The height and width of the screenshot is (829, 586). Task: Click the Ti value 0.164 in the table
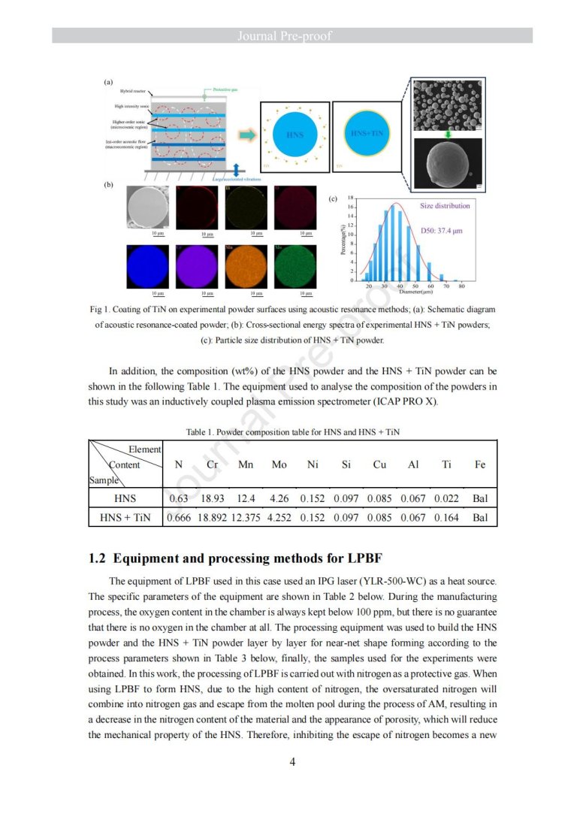pyautogui.click(x=446, y=518)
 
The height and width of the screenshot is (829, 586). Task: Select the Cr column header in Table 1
pyautogui.click(x=212, y=464)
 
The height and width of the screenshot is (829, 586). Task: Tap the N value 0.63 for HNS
pyautogui.click(x=178, y=498)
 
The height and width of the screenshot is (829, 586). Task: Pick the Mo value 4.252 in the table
pyautogui.click(x=279, y=518)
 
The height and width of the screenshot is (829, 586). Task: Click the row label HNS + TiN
pyautogui.click(x=125, y=518)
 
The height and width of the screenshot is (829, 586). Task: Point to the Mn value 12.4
pyautogui.click(x=246, y=498)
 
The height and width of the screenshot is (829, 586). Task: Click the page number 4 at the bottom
pyautogui.click(x=292, y=761)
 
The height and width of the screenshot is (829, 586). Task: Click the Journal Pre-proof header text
pyautogui.click(x=292, y=36)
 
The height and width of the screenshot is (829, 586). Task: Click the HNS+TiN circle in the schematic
pyautogui.click(x=368, y=134)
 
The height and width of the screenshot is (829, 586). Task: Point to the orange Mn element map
pyautogui.click(x=246, y=267)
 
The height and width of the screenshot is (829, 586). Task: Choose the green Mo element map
pyautogui.click(x=295, y=267)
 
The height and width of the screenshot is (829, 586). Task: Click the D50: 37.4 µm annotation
pyautogui.click(x=441, y=231)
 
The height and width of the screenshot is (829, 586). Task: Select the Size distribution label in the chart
pyautogui.click(x=445, y=205)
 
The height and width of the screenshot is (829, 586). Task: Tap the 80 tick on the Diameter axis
pyautogui.click(x=461, y=286)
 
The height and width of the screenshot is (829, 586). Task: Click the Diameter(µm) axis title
pyautogui.click(x=415, y=292)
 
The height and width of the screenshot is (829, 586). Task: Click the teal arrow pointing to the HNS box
pyautogui.click(x=245, y=135)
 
